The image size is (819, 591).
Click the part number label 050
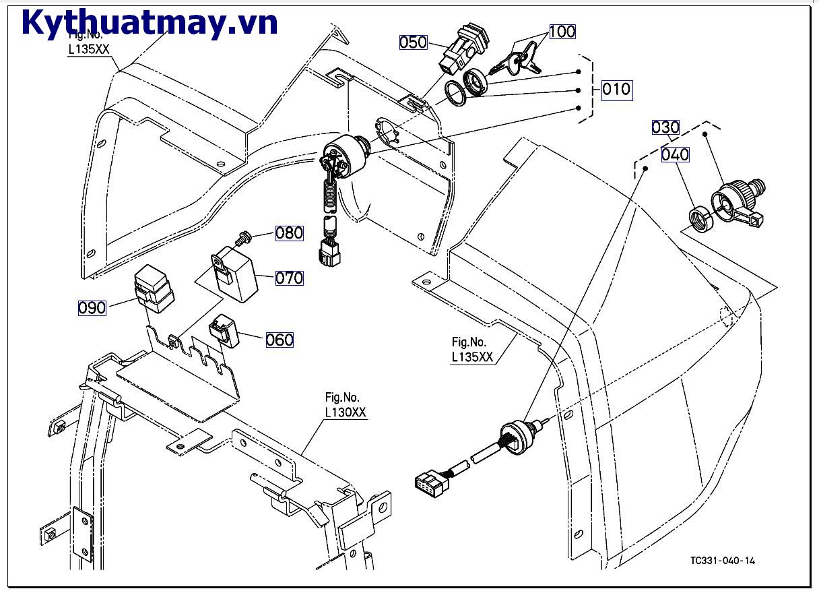tap(414, 42)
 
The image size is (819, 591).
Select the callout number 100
tap(562, 31)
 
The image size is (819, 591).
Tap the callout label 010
tap(616, 89)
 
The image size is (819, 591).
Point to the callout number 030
tap(665, 127)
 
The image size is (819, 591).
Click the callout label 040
tap(675, 154)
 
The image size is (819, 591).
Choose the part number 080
tap(290, 233)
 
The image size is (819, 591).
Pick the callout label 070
tap(290, 278)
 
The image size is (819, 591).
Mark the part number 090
tap(92, 307)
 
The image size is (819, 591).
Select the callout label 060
tap(280, 340)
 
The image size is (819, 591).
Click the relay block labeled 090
tap(154, 288)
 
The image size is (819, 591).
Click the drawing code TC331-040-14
tap(723, 561)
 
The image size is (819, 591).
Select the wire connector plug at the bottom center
tap(429, 483)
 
